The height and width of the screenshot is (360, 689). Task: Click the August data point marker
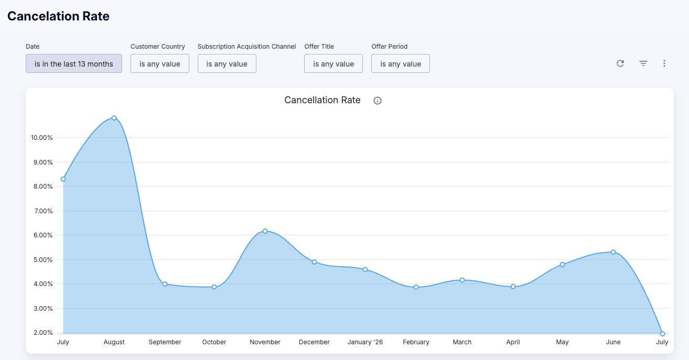pos(114,118)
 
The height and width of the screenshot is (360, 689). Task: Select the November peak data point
pos(265,231)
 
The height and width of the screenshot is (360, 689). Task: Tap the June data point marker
pos(613,252)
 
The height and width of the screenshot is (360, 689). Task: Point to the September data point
pos(165,284)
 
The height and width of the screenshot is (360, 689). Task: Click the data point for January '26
pos(365,270)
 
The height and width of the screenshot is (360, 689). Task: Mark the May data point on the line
pos(562,265)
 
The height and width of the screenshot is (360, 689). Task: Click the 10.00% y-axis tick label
pos(42,138)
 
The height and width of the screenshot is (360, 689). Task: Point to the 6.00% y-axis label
pos(43,235)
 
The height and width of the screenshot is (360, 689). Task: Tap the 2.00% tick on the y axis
pos(43,333)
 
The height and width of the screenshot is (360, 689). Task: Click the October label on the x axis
pos(214,342)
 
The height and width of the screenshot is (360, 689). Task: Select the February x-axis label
pos(416,342)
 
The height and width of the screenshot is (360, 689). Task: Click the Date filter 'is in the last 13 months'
pos(74,63)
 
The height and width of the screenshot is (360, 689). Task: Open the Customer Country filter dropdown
pos(159,63)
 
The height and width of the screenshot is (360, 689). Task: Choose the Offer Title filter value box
pos(333,63)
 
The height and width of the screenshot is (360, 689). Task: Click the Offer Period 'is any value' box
pos(401,63)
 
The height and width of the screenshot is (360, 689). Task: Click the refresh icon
pos(620,63)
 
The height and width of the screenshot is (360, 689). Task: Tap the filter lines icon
pos(643,63)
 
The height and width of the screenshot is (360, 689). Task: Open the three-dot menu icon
pos(664,63)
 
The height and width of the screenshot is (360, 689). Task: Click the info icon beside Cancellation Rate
pos(378,101)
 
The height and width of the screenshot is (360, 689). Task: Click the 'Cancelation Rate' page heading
pos(58,16)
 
